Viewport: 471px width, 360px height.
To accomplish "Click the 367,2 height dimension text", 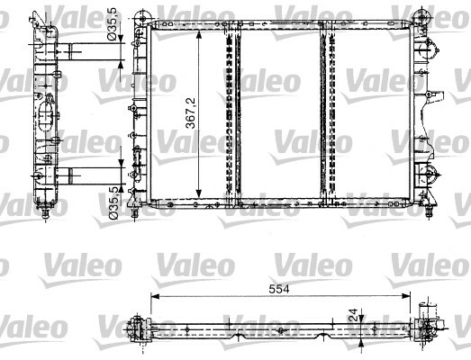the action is (x=190, y=112).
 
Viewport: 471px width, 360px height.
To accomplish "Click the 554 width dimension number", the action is (x=279, y=289).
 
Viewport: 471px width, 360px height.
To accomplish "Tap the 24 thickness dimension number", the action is (x=355, y=314).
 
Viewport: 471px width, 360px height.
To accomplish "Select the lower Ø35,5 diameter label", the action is (x=113, y=202).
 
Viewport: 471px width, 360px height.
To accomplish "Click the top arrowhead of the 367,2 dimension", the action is (x=198, y=35).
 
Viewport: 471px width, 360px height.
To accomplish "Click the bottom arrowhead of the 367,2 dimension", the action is (x=198, y=193).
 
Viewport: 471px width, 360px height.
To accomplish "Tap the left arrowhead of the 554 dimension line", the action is (x=155, y=296).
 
